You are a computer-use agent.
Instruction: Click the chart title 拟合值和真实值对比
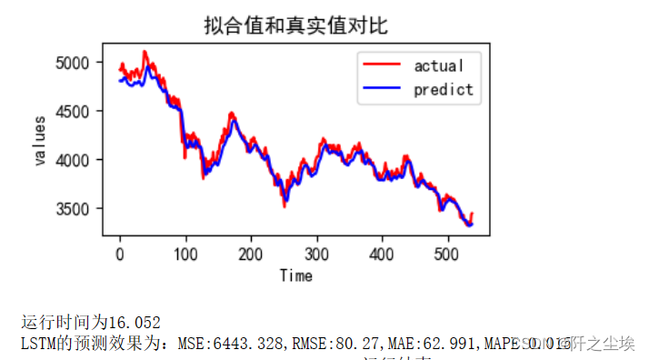coord(295,25)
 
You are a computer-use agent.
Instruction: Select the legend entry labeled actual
coord(438,65)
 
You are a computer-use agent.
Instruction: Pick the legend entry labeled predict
coord(443,89)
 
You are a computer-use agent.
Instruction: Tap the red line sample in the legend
coord(382,65)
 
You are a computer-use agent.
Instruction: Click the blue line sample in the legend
coord(382,89)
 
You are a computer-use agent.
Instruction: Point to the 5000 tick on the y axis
coord(74,63)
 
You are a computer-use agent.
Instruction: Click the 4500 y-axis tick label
coord(74,112)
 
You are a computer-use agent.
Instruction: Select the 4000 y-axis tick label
coord(74,160)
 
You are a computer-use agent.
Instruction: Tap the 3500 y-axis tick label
coord(74,209)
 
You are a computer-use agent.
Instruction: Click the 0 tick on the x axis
coord(119,254)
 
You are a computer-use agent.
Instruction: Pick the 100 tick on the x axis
coord(185,254)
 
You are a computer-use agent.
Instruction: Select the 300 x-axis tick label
coord(316,254)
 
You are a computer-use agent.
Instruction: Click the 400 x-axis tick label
coord(382,254)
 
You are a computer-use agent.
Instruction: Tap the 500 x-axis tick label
coord(447,254)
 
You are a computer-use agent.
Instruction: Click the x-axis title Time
coord(295,275)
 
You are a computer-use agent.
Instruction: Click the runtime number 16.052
coord(135,322)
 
